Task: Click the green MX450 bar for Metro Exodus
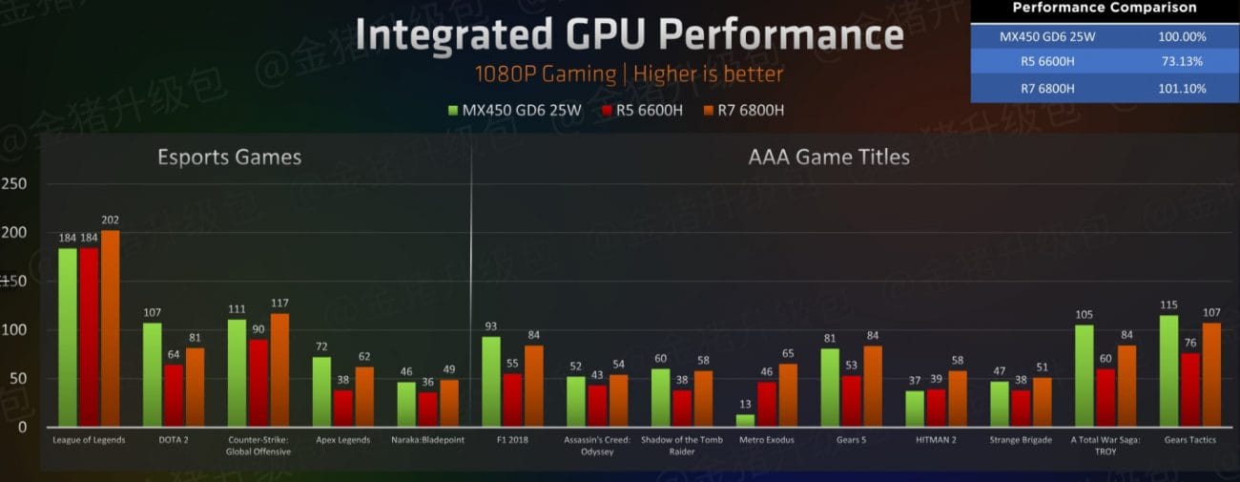coord(746,420)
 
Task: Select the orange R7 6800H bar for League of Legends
coord(110,328)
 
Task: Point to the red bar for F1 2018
coord(512,400)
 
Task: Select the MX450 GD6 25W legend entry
coord(515,110)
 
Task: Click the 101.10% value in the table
coord(1179,88)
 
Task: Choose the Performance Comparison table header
coord(1104,9)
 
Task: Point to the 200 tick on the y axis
coord(14,233)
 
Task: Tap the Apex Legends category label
coord(342,440)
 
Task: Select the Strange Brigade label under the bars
coord(1021,440)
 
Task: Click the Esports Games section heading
coord(229,157)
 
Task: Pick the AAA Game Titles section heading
coord(830,157)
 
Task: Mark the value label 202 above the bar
coord(110,220)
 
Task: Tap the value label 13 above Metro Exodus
coord(746,404)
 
